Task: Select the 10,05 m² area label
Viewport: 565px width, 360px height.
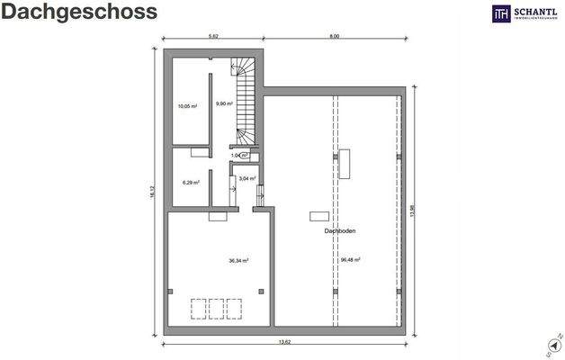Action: (x=187, y=105)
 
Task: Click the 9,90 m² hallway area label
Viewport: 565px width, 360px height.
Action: (x=225, y=103)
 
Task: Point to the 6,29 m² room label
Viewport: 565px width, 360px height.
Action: (x=191, y=182)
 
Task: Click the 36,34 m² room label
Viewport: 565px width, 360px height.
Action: (x=238, y=260)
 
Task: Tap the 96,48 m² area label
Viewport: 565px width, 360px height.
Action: (x=350, y=260)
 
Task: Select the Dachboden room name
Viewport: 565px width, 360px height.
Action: (x=340, y=231)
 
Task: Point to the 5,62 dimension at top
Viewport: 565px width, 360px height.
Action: (x=213, y=37)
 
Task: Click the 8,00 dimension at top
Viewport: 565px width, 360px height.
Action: (x=334, y=37)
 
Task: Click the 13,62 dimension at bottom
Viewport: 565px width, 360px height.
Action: (x=284, y=342)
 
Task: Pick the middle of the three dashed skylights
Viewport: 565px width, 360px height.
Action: (x=217, y=309)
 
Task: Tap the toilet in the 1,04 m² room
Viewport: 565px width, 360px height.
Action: (x=256, y=157)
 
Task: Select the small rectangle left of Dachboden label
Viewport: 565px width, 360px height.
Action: (x=318, y=216)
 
